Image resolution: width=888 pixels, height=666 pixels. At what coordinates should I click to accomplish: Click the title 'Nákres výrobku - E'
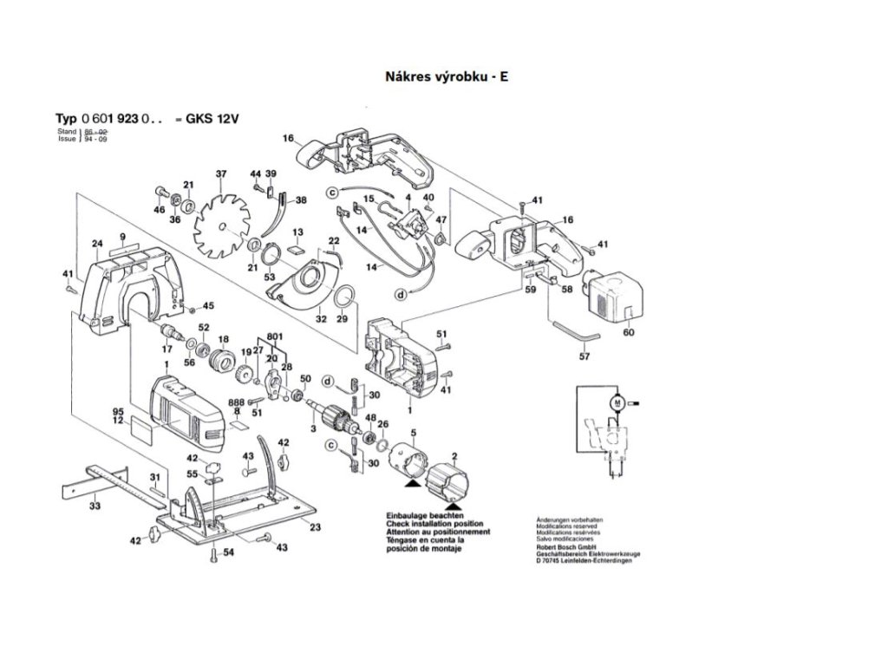tap(446, 76)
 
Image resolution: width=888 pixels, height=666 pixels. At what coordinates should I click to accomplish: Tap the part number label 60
tap(629, 332)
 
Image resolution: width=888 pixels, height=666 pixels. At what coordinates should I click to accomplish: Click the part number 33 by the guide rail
tap(94, 505)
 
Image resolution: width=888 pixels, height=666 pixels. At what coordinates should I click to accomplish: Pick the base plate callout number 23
tap(315, 528)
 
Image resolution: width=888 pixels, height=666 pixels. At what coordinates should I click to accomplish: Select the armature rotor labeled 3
tap(338, 415)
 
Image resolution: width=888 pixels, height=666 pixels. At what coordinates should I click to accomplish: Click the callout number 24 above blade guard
tap(97, 243)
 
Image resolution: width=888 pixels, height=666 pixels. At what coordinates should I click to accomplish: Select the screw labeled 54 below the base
tap(213, 552)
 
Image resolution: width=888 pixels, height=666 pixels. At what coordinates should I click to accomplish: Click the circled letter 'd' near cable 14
tap(402, 294)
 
